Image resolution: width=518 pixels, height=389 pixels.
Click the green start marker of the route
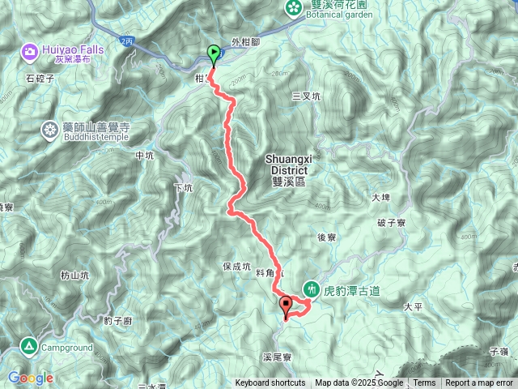(214, 54)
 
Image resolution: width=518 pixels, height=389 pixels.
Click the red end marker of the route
(285, 306)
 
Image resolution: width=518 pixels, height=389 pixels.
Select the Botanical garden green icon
(292, 8)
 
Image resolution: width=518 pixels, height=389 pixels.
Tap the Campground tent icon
(29, 346)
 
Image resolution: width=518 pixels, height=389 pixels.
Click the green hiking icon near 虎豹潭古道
(312, 289)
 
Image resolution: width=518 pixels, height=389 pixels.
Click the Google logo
(31, 378)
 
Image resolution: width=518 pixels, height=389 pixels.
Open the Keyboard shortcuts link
(270, 383)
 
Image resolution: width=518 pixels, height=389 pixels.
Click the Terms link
(424, 383)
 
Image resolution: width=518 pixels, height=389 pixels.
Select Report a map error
(479, 383)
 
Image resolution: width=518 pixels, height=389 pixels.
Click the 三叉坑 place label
(307, 96)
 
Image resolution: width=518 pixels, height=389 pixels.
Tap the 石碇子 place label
(39, 79)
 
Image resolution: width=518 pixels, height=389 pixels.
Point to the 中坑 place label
(145, 156)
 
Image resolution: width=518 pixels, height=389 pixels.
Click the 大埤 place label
(381, 197)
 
